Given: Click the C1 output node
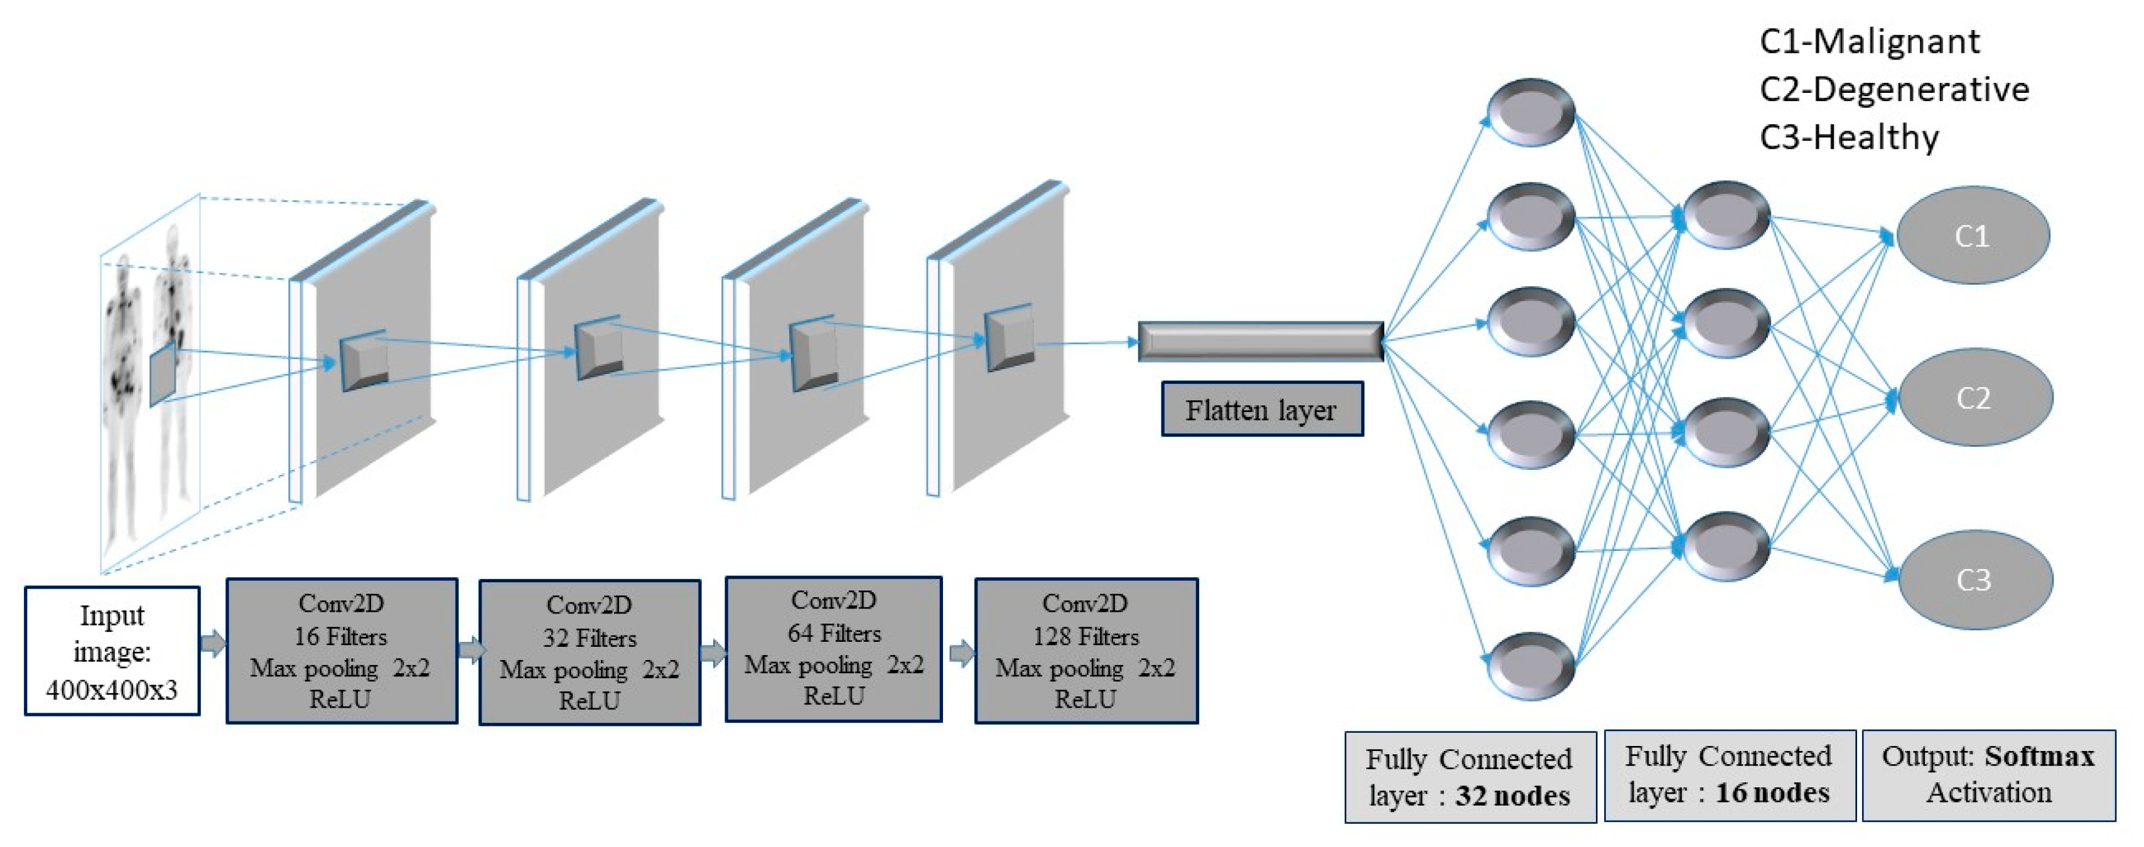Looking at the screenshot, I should tap(1972, 235).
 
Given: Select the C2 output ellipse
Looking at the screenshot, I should tap(1974, 398).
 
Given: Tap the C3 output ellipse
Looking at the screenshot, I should tap(1974, 579).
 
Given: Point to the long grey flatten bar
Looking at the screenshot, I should tap(1260, 341).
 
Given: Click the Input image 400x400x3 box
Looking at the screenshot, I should tap(112, 651).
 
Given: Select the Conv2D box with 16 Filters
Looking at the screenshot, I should tap(342, 651).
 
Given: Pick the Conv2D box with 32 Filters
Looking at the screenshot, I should tap(590, 653).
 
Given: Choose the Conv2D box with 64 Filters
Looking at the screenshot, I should tap(833, 648).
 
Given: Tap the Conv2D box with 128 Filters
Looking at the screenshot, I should tap(1085, 651).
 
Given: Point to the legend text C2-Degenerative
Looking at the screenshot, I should tap(1894, 89).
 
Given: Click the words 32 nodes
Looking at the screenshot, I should tap(1512, 796).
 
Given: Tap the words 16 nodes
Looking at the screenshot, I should tap(1772, 792).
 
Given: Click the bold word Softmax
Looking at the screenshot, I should tap(2039, 755).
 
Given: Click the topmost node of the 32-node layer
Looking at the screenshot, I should tap(1530, 112).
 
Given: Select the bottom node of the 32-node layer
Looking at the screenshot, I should tap(1530, 666).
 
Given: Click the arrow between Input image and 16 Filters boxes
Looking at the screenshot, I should tap(213, 643).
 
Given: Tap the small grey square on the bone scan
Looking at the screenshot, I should tap(163, 377).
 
